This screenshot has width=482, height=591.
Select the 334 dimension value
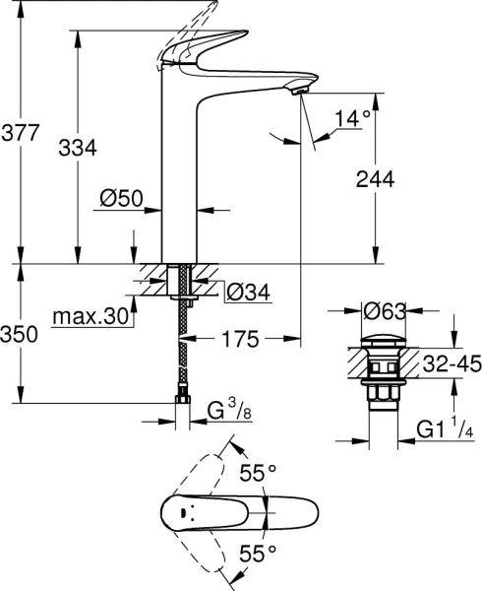(x=78, y=148)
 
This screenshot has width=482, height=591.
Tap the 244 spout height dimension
(x=374, y=178)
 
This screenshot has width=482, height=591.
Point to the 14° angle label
(x=353, y=119)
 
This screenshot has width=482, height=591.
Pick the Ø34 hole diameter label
(x=249, y=292)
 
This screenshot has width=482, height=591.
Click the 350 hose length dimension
(x=20, y=335)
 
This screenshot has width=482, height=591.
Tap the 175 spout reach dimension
(x=239, y=340)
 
